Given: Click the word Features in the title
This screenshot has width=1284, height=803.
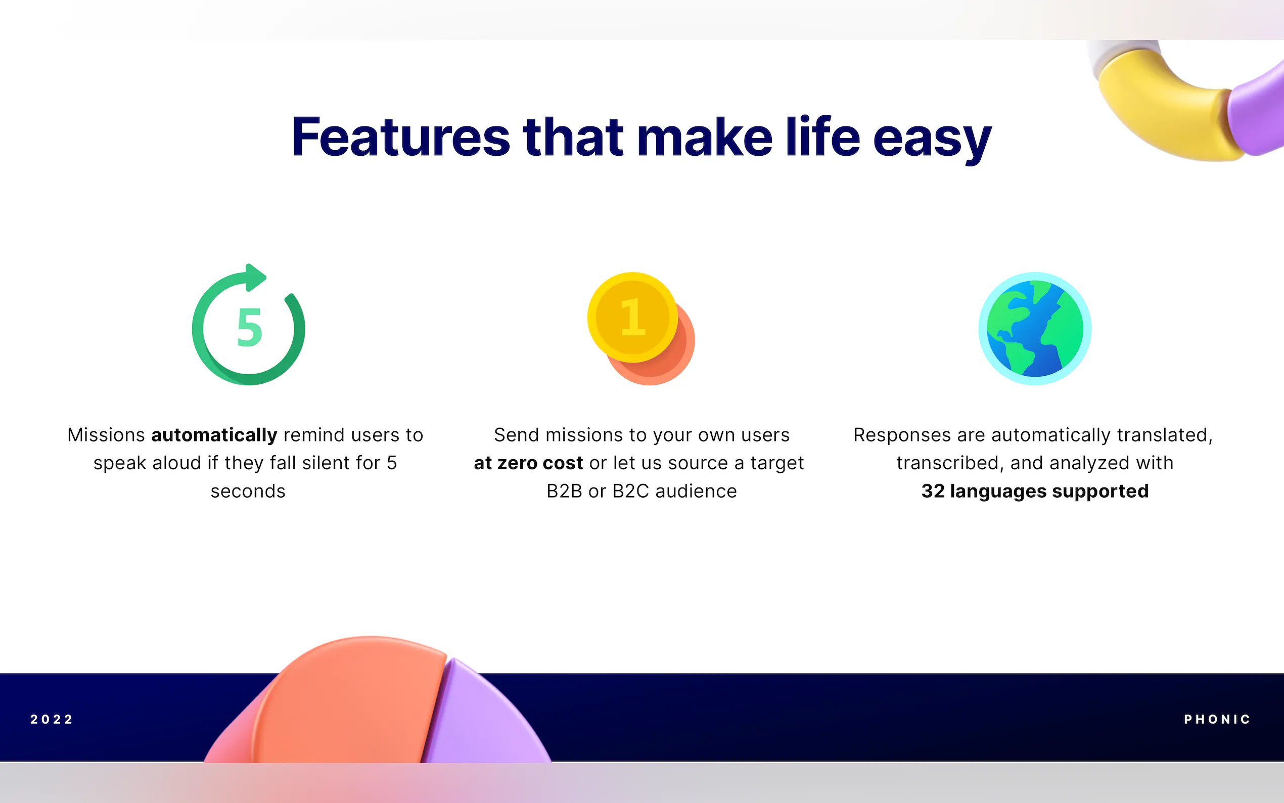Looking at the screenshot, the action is coord(401,137).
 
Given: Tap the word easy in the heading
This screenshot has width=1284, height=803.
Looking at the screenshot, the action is coord(932,140).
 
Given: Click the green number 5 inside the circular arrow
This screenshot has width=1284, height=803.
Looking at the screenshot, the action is coord(250,327).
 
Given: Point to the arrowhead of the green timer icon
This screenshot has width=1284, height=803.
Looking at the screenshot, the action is coord(255,278).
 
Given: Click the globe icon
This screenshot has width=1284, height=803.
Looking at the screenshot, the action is coord(1034,328).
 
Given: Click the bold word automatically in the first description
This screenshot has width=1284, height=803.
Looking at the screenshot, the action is coord(214,435).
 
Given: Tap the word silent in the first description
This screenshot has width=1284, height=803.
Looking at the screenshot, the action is coord(326,463).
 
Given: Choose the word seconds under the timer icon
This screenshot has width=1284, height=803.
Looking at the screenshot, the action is coord(248,491).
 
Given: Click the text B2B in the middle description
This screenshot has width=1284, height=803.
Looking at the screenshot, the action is coord(564,491).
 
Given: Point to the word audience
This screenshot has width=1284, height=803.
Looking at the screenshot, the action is coord(696,491).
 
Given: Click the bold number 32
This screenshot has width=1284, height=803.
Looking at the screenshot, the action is coord(933,491).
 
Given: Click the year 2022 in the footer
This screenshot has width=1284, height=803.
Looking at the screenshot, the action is coord(52,719).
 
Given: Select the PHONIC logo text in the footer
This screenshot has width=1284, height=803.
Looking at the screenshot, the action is coord(1217,719).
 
